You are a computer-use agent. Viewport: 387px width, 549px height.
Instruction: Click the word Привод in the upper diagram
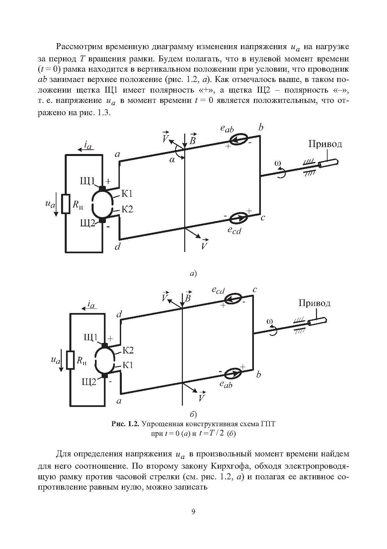click(x=325, y=144)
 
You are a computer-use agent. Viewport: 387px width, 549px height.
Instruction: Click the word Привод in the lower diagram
click(x=314, y=303)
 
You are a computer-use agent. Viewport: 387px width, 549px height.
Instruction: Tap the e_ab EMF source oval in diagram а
click(x=238, y=139)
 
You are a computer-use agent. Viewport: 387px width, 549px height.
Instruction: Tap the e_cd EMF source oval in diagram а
click(x=238, y=218)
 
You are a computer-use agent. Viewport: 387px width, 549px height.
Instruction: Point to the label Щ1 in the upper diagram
click(x=87, y=181)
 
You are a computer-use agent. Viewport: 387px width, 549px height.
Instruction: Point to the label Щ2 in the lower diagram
click(x=89, y=382)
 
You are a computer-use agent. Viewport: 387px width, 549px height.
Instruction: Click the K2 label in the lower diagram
click(x=128, y=350)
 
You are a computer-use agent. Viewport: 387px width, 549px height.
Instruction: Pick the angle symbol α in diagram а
click(x=172, y=160)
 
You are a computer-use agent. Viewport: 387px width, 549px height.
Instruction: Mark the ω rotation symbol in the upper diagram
click(x=278, y=163)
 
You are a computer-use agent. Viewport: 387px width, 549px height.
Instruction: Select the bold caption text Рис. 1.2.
click(x=126, y=424)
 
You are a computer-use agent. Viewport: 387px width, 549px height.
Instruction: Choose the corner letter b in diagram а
click(x=261, y=127)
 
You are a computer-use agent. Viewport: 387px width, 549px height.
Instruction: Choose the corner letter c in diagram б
click(x=255, y=289)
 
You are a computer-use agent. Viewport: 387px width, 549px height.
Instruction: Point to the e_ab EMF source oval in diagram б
click(x=234, y=373)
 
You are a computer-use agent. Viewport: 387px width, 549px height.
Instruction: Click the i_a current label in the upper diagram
click(x=88, y=145)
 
